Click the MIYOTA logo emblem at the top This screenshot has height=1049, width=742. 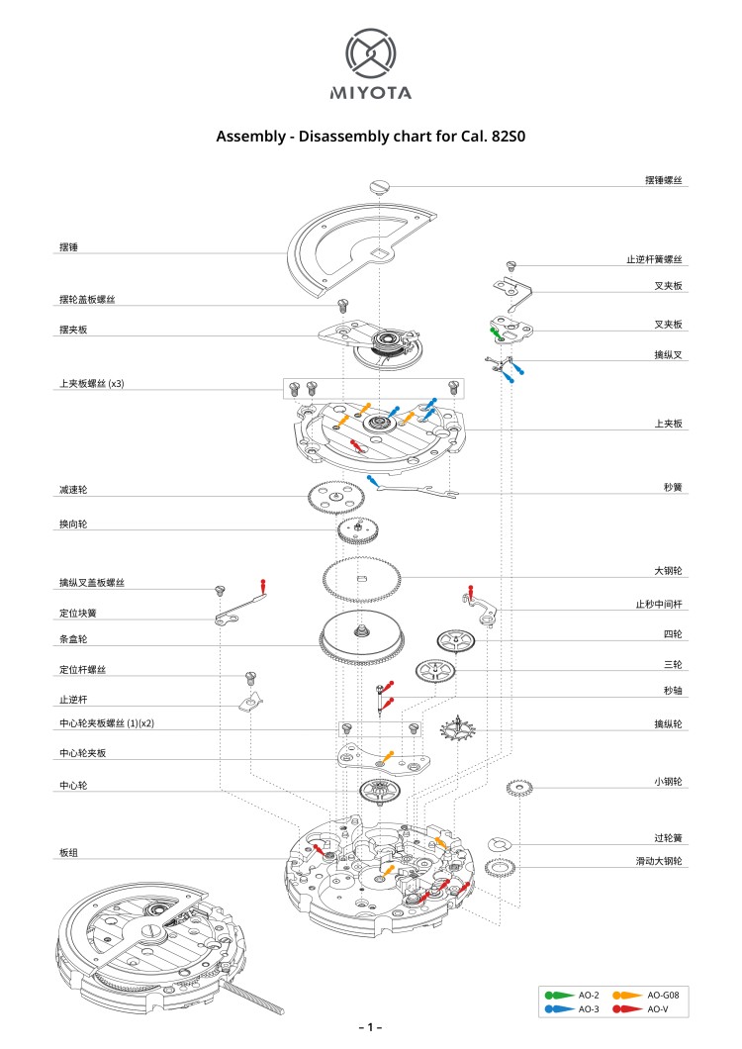pos(370,53)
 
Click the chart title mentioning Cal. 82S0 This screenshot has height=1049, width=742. pos(370,137)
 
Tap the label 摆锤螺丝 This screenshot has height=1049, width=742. pos(663,180)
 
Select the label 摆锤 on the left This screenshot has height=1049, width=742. pos(69,247)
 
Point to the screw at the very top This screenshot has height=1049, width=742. pos(379,184)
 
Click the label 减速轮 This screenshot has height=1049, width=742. pos(73,490)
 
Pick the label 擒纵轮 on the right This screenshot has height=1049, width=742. pos(668,723)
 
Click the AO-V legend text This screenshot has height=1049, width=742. pos(658,1008)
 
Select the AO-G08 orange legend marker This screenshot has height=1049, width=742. pos(626,994)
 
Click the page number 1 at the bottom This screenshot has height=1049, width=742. pos(370,1028)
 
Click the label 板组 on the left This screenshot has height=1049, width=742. pos(69,852)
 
